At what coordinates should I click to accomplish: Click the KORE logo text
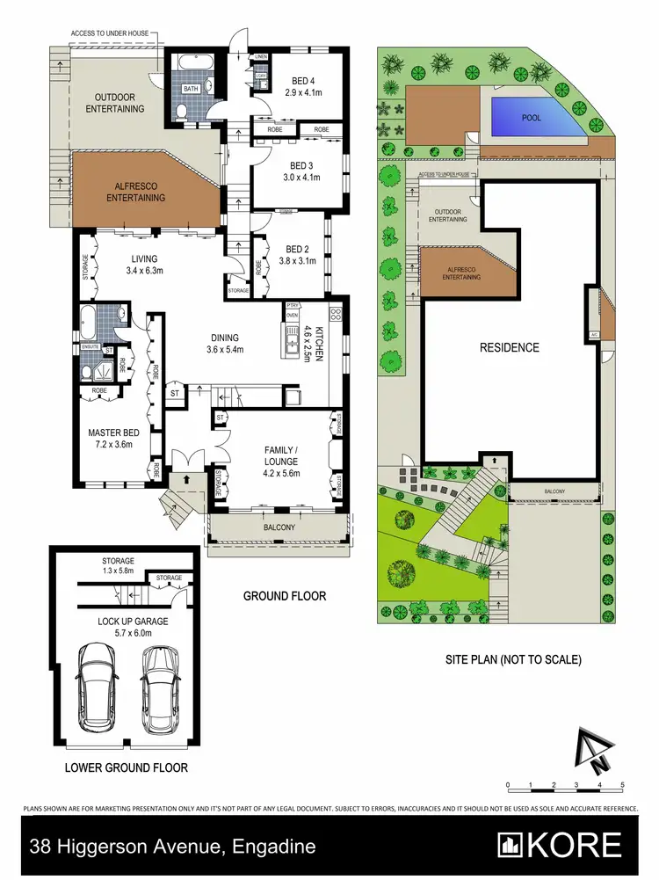click(574, 845)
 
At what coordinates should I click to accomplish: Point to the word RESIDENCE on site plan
click(509, 347)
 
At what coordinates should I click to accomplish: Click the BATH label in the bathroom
click(190, 89)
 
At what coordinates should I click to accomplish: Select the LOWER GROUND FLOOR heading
click(127, 767)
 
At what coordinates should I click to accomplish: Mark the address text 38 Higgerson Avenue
click(172, 847)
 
